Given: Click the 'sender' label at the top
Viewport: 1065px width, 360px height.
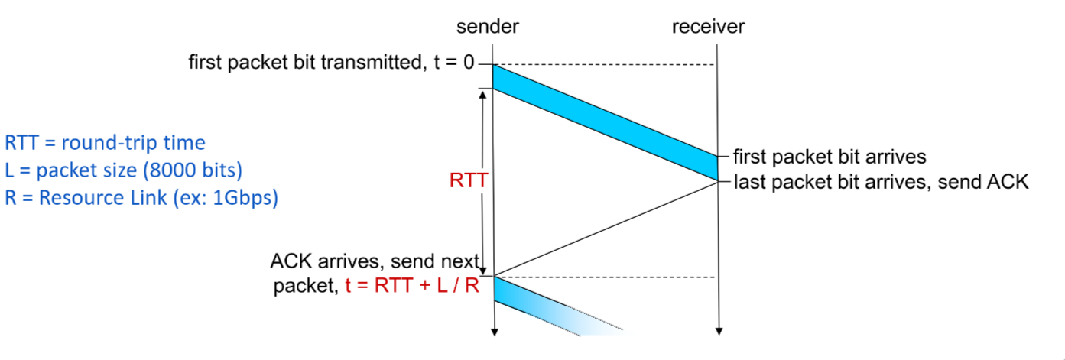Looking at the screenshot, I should [488, 28].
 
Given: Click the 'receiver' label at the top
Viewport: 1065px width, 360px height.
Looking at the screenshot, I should [708, 28].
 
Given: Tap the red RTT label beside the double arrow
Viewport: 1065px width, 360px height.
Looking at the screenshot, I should [466, 180].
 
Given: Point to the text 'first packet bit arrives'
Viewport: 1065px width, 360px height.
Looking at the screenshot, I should [830, 157].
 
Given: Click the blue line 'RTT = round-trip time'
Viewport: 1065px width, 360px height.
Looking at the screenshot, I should [105, 143].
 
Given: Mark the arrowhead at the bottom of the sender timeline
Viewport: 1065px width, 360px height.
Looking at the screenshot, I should [495, 331].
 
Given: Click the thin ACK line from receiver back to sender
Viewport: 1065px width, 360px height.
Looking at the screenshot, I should [604, 228].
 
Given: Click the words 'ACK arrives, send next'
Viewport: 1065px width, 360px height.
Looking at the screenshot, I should [375, 261].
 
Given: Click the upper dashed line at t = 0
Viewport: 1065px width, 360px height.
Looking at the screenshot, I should [604, 65].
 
